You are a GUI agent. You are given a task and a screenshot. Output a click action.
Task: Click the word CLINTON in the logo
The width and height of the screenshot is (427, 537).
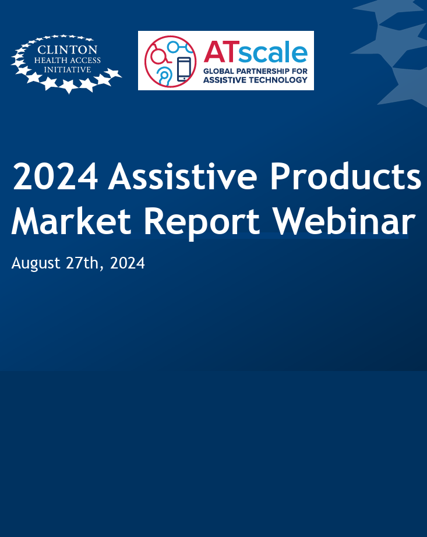[x=68, y=49]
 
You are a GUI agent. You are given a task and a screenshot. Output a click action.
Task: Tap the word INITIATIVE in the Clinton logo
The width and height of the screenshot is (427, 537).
[x=68, y=70]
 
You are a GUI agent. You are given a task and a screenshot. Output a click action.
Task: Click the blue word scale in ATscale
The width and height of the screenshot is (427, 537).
[x=273, y=53]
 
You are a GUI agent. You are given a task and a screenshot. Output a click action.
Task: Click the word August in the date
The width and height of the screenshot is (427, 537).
[x=36, y=263]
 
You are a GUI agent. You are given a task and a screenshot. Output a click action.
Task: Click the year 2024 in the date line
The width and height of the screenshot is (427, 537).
[x=128, y=263]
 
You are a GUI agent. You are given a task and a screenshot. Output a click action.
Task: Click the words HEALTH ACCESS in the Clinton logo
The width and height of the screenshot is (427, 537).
[x=68, y=60]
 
